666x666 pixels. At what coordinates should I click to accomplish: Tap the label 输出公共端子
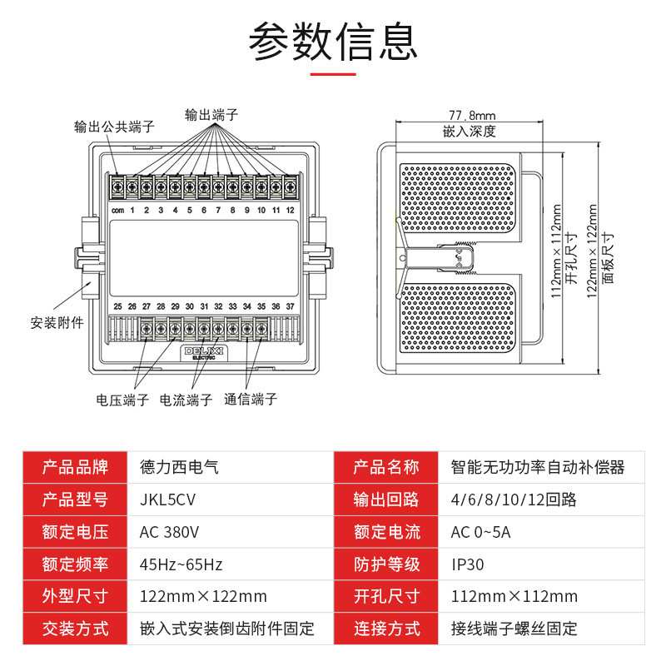(114, 127)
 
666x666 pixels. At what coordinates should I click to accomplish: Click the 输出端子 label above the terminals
(211, 115)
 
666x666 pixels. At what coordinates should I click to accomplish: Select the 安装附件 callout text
(57, 322)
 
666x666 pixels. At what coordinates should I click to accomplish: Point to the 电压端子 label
(122, 400)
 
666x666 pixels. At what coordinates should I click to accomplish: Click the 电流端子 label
(186, 400)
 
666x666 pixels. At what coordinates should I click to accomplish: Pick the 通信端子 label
(251, 400)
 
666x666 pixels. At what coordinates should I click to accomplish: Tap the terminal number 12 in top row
(290, 211)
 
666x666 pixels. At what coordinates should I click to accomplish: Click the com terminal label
(117, 211)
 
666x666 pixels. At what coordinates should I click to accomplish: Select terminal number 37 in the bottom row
(290, 306)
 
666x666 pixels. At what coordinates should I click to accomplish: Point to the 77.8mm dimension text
(472, 116)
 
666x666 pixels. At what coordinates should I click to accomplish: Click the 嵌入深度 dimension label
(470, 131)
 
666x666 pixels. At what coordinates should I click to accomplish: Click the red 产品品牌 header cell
(76, 467)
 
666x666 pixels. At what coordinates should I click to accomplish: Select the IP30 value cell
(468, 564)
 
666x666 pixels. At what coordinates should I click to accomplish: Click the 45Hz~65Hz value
(181, 564)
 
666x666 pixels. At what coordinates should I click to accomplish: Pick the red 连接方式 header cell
(386, 629)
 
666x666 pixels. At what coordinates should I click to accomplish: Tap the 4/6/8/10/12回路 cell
(513, 499)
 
